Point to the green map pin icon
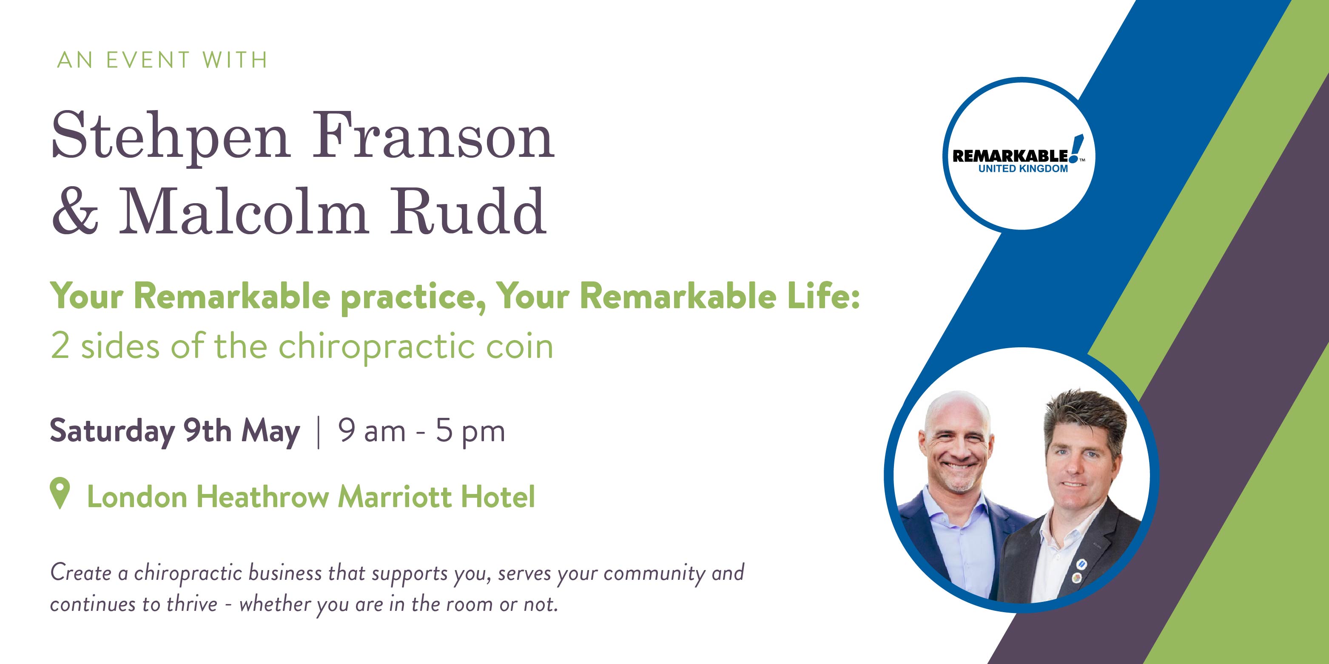click(60, 493)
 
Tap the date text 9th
click(208, 431)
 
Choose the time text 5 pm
click(470, 432)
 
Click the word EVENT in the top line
click(148, 60)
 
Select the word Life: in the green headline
click(823, 296)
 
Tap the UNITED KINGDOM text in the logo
click(1023, 169)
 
